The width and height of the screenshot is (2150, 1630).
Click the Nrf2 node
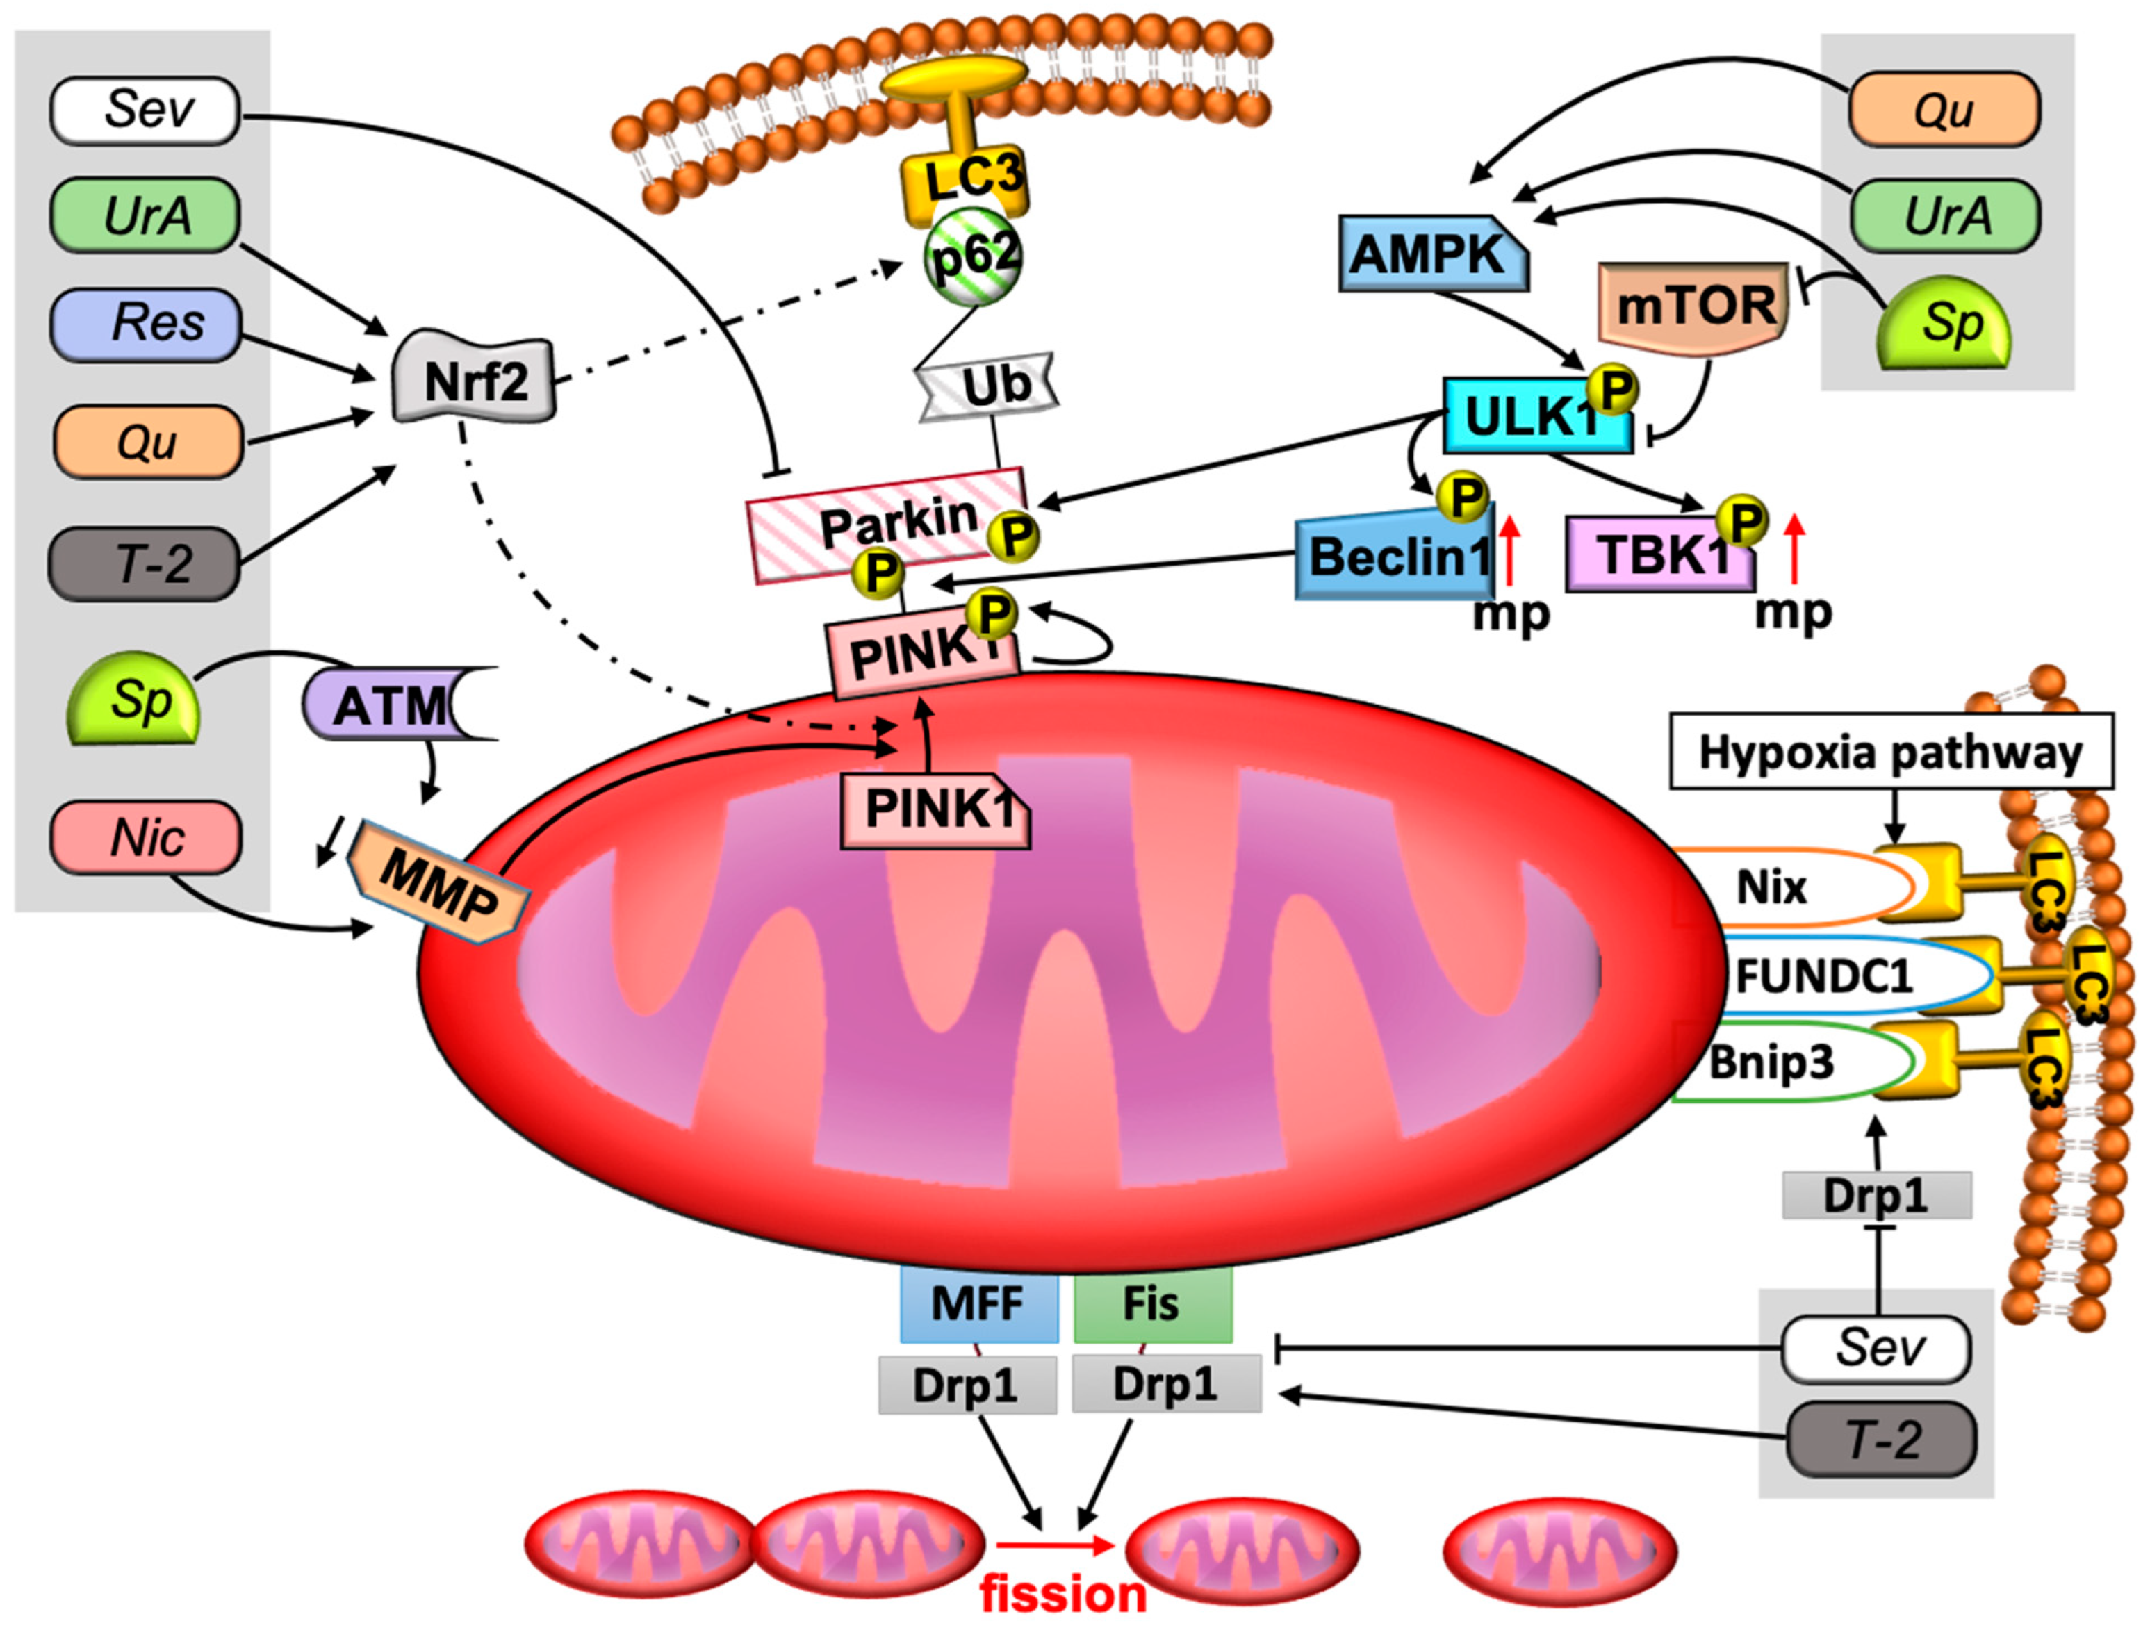pos(475,381)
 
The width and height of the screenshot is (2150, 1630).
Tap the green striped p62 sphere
pos(973,258)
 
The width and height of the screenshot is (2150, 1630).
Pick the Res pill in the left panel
pos(146,324)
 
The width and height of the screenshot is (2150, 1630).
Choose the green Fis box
pos(1153,1304)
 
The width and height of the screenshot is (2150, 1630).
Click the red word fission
pos(1062,1594)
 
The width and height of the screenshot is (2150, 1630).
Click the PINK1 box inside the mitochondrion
pos(935,809)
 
